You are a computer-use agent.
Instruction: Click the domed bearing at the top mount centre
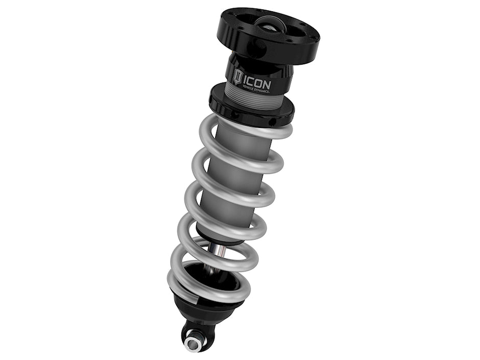click(x=271, y=22)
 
